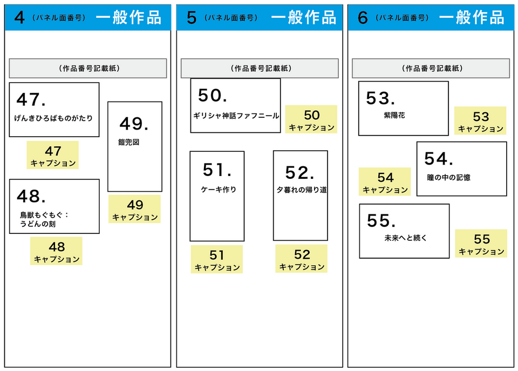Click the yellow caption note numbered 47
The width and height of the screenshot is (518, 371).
[52, 155]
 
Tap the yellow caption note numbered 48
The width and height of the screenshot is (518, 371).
[56, 251]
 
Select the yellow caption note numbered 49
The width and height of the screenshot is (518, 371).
[134, 209]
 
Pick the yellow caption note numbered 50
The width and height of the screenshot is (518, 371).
[311, 119]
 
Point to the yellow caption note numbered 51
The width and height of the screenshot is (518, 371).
[217, 259]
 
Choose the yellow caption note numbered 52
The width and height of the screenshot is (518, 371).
[302, 259]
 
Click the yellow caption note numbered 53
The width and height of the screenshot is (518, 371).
[480, 120]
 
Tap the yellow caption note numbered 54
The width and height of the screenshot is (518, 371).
[385, 181]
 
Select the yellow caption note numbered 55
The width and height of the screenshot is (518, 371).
[481, 244]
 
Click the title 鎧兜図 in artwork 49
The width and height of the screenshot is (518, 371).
[129, 142]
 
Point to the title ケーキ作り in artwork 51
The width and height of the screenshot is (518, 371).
[219, 190]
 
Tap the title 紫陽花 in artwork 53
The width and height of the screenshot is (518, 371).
[394, 115]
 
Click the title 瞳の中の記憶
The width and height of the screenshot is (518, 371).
[448, 178]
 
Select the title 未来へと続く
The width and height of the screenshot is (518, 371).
[406, 238]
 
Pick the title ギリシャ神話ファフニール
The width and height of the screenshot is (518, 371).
[236, 116]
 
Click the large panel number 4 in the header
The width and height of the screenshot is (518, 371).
[19, 17]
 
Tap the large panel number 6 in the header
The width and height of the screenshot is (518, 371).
[363, 17]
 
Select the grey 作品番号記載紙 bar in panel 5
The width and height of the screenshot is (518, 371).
[260, 69]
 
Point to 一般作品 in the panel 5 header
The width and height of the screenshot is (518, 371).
[304, 17]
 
